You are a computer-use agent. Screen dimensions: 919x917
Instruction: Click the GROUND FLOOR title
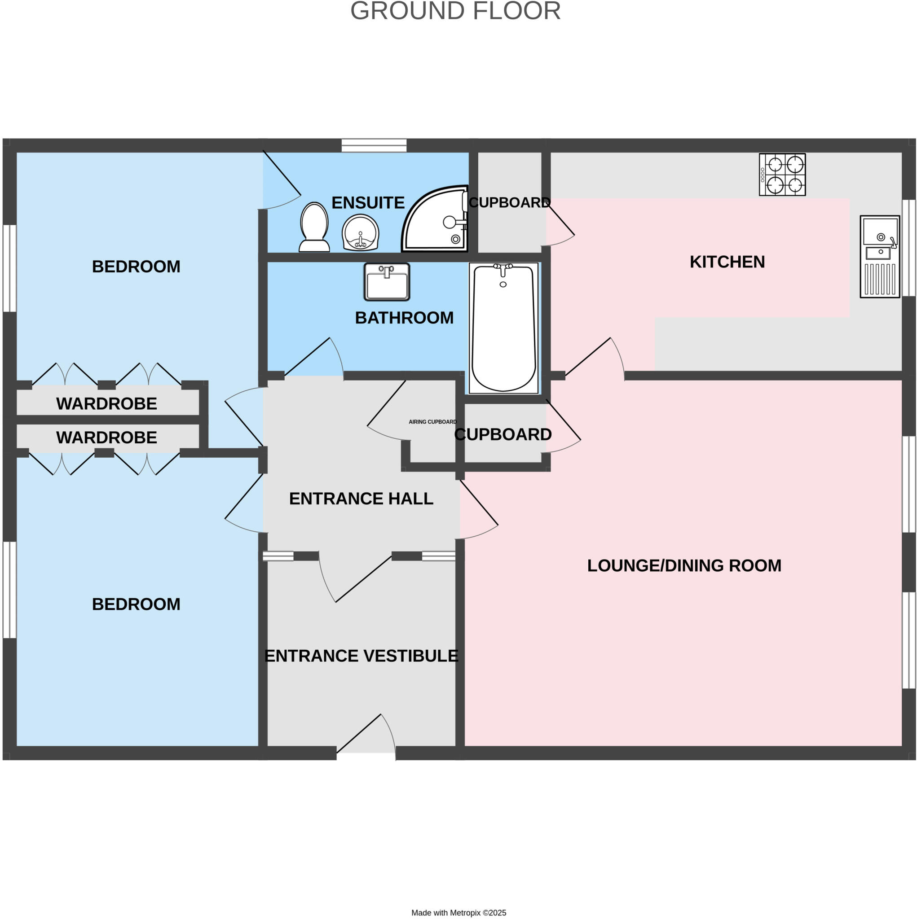[x=455, y=11]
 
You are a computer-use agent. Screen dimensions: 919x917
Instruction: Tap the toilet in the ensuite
[x=314, y=228]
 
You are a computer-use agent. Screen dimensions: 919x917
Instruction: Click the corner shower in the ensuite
[x=436, y=220]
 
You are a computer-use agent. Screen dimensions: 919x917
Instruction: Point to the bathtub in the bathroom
[x=503, y=328]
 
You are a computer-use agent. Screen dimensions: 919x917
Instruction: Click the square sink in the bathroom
[x=387, y=282]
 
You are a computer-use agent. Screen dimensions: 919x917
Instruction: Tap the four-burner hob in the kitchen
[x=782, y=174]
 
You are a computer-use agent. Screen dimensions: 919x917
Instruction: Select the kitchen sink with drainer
[x=879, y=257]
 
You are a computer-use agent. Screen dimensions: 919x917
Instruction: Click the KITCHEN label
[x=727, y=262]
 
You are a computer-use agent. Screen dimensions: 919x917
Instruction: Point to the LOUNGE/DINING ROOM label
[x=683, y=565]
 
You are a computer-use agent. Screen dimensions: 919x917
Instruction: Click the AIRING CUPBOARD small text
[x=432, y=422]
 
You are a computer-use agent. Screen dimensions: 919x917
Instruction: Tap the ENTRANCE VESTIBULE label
[x=361, y=656]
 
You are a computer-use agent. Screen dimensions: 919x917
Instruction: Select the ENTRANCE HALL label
[x=361, y=499]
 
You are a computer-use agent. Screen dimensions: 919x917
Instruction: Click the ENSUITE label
[x=367, y=203]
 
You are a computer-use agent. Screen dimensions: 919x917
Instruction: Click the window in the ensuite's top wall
[x=374, y=145]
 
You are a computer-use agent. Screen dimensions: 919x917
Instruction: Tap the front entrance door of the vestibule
[x=366, y=735]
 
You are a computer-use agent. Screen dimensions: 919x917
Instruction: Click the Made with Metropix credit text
[x=458, y=913]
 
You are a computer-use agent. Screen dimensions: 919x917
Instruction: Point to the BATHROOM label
[x=404, y=318]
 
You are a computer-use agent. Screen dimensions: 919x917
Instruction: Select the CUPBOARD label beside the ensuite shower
[x=509, y=203]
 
